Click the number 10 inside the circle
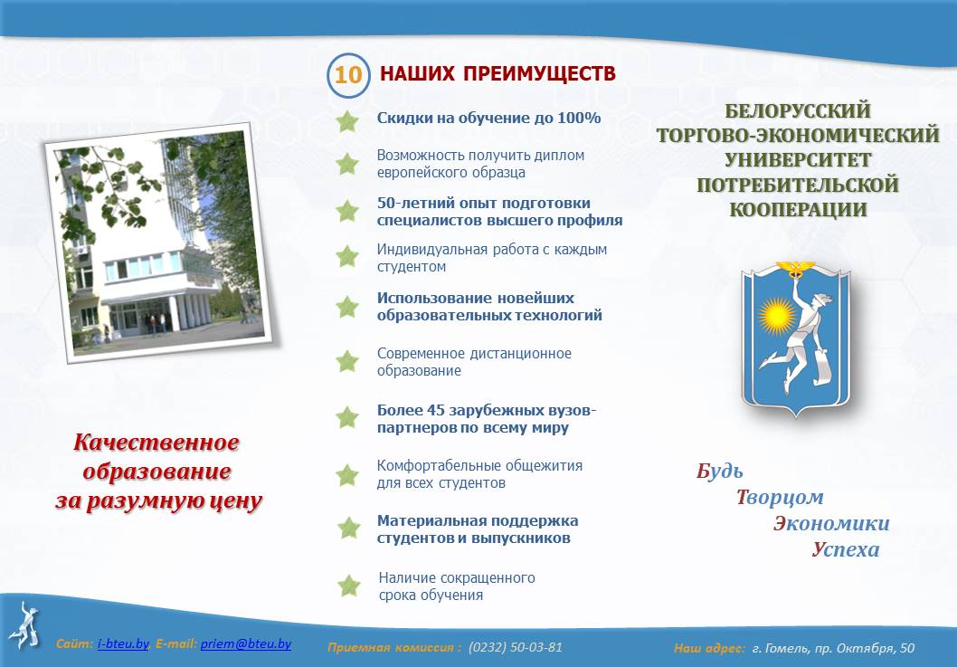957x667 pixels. [x=348, y=75]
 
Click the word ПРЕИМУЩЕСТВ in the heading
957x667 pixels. [x=539, y=74]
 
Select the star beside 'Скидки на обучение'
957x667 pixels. [x=347, y=121]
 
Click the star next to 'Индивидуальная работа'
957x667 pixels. [x=347, y=256]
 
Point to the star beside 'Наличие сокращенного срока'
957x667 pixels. [x=349, y=586]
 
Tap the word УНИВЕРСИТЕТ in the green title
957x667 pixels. [x=798, y=160]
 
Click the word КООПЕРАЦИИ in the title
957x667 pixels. [x=799, y=209]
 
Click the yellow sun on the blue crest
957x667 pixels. [x=777, y=316]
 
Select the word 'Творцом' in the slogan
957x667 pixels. [x=780, y=497]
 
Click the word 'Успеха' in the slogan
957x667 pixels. [x=846, y=549]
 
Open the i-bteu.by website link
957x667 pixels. [x=123, y=643]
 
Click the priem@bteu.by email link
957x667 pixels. [x=245, y=643]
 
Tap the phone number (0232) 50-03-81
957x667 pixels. [x=515, y=647]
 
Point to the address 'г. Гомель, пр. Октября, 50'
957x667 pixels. [x=833, y=648]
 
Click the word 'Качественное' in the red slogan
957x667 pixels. [x=156, y=443]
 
